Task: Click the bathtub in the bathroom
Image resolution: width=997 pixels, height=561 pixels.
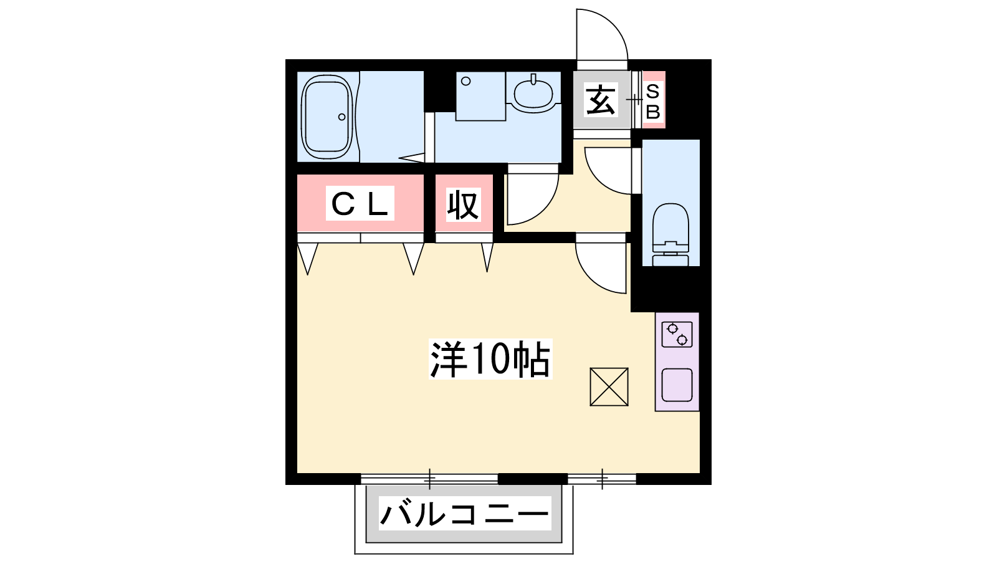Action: pos(327,117)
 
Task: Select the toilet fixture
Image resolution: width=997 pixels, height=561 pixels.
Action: pos(670,234)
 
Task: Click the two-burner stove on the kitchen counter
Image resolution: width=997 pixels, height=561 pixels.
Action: pos(677,334)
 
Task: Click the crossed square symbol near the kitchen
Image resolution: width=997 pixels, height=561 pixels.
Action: pos(609,387)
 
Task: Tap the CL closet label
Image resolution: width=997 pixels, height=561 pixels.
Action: pos(360,203)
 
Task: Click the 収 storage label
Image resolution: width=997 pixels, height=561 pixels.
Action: pos(464,204)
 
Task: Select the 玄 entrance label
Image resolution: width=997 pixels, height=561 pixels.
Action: pos(601,100)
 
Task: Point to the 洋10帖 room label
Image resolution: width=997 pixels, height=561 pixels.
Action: pos(490,359)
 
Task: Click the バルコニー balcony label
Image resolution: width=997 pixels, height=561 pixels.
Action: pos(464,514)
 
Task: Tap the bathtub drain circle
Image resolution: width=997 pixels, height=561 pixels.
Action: pos(342,117)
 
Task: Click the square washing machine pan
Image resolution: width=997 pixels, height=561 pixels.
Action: pos(480,96)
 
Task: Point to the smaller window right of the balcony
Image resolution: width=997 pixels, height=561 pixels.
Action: pos(602,479)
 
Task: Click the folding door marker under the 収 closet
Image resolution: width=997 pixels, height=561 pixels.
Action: pos(487,257)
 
